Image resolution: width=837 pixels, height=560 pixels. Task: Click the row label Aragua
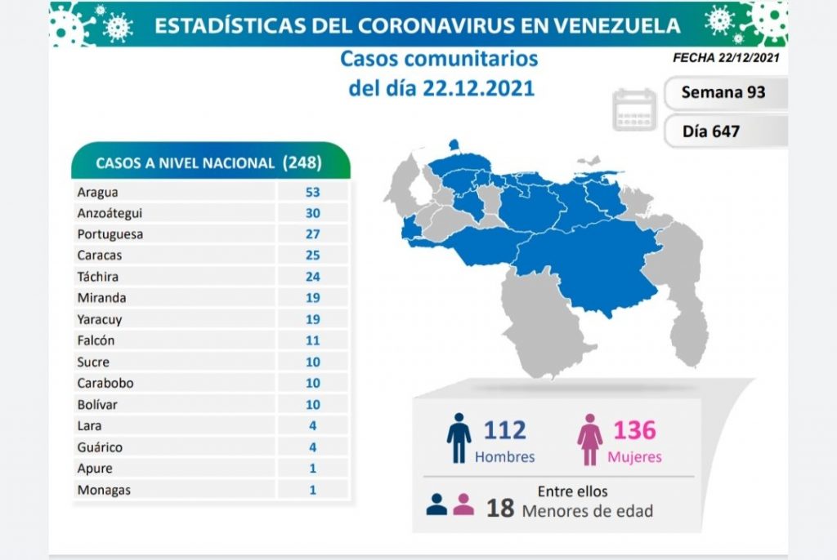[x=97, y=193]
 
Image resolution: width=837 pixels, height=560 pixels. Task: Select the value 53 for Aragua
[x=313, y=193]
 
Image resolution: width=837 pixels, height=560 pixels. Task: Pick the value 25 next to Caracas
[x=313, y=256]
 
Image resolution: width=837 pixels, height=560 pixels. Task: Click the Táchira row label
[x=99, y=277]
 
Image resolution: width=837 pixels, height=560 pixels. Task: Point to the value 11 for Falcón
[x=313, y=340]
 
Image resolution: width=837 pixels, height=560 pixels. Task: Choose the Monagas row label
[x=105, y=490]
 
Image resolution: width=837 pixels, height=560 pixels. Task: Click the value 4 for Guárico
[x=313, y=447]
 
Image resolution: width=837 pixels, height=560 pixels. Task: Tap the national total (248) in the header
[x=302, y=162]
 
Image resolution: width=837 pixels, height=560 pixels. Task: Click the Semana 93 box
[x=723, y=92]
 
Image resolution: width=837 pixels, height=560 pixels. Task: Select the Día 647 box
[x=711, y=130]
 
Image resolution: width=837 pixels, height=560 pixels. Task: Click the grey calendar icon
[x=634, y=110]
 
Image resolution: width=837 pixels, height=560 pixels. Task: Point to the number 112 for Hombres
[x=504, y=429]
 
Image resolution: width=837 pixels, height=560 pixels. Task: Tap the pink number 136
[x=633, y=429]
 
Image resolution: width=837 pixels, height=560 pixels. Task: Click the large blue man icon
[x=459, y=438]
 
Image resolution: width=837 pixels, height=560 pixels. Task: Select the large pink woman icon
[x=589, y=439]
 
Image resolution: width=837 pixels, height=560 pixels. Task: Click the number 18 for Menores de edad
[x=500, y=508]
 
